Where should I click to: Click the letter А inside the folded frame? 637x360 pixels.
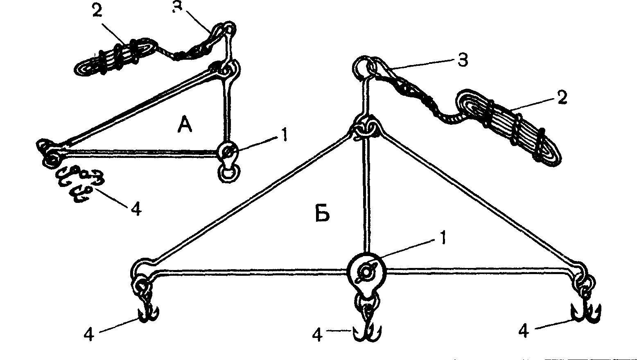pos(185,125)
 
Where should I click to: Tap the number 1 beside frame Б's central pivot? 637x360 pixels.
pos(442,238)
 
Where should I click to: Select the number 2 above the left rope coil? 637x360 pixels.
pos(97,11)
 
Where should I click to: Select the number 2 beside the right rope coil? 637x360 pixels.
pos(562,97)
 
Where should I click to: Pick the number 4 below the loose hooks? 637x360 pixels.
pos(136,209)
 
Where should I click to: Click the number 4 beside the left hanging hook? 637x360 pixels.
pos(89,334)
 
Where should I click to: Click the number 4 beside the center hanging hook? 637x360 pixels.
pos(317,335)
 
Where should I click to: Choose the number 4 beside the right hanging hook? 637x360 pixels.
pos(524,331)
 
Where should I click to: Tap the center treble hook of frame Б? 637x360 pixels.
pos(367,330)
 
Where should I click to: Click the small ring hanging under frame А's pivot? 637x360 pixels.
pos(229,173)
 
